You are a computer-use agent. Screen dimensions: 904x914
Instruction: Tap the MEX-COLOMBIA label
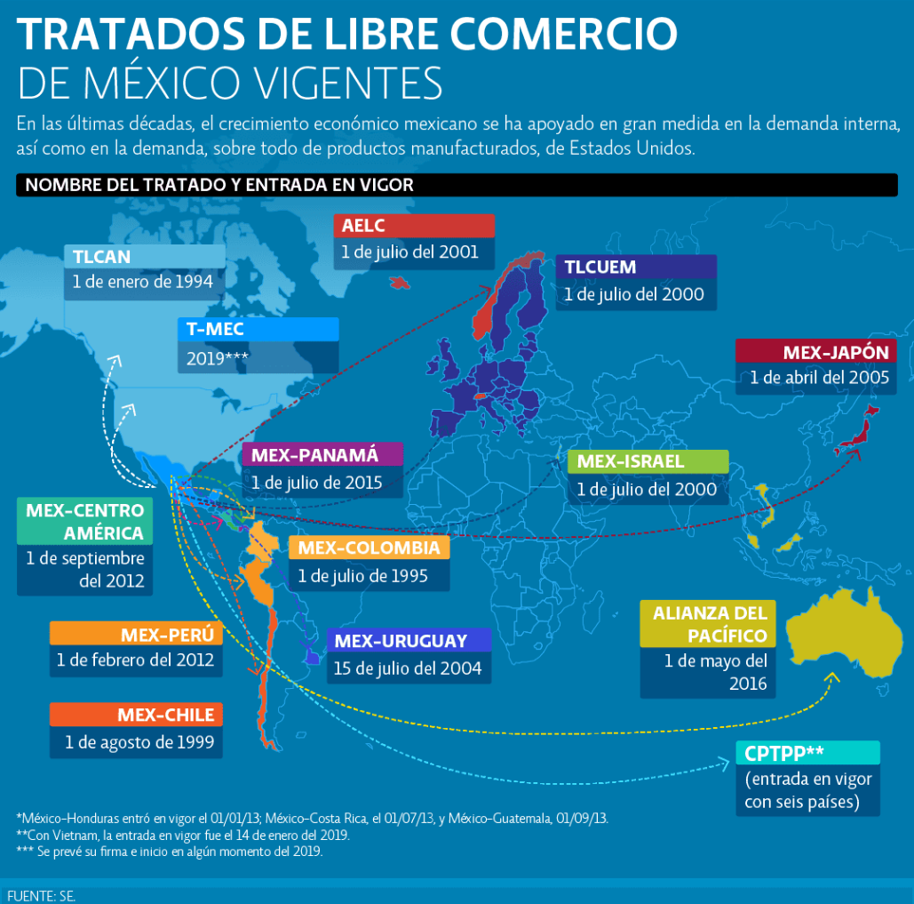[369, 548]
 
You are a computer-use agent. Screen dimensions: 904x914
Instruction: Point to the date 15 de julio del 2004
[408, 668]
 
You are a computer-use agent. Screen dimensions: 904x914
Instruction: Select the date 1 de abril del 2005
[819, 378]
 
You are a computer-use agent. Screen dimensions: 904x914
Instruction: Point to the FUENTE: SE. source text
[41, 895]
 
